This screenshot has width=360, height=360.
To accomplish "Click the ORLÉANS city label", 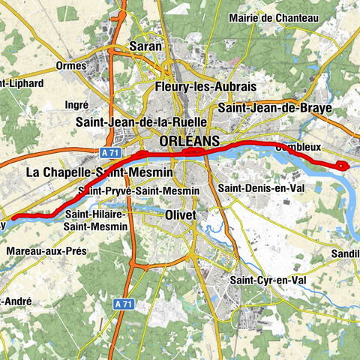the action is point(190,141).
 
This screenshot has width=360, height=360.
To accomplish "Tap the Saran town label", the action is point(146,46).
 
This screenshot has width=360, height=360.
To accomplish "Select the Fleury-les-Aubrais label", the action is point(195,87).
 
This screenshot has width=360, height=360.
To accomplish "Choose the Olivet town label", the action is point(179,215).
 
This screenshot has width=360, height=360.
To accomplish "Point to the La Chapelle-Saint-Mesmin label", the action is point(99,172).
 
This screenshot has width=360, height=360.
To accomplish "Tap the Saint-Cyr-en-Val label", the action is point(268,280).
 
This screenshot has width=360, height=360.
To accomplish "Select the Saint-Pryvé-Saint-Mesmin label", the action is point(143,191).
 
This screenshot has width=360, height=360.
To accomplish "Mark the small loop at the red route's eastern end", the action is point(343,166).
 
